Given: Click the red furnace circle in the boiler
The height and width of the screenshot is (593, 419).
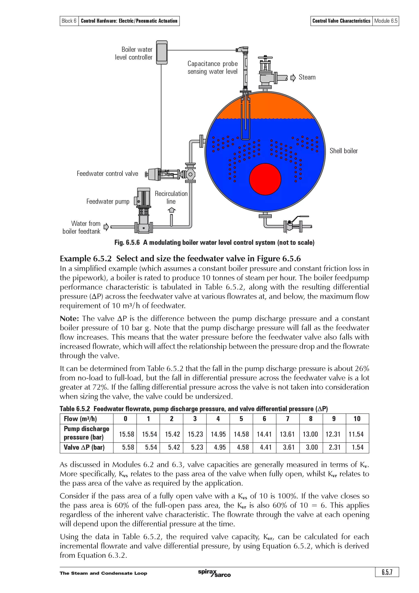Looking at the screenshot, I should click(x=265, y=179).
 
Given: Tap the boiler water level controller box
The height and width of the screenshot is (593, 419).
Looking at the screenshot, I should click(x=162, y=52).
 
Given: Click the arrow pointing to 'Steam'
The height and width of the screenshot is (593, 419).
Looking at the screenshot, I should click(x=293, y=78).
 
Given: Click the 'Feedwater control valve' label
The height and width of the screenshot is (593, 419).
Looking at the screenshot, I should click(x=107, y=174).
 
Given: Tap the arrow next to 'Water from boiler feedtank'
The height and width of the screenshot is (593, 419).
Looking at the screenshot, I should click(x=106, y=227).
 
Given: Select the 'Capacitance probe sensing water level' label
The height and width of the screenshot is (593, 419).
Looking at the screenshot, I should click(x=213, y=68).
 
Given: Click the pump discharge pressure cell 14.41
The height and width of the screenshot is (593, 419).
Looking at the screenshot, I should click(x=264, y=434).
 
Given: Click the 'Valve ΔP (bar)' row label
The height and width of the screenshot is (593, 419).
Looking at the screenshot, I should click(x=84, y=447).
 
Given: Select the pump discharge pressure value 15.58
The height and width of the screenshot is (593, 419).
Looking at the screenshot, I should click(x=126, y=434).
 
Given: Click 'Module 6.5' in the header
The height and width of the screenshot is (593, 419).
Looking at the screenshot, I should click(x=385, y=21).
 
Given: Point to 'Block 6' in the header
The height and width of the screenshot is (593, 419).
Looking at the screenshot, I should click(x=69, y=21).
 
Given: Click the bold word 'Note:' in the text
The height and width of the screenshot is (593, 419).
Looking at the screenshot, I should click(x=69, y=318).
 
